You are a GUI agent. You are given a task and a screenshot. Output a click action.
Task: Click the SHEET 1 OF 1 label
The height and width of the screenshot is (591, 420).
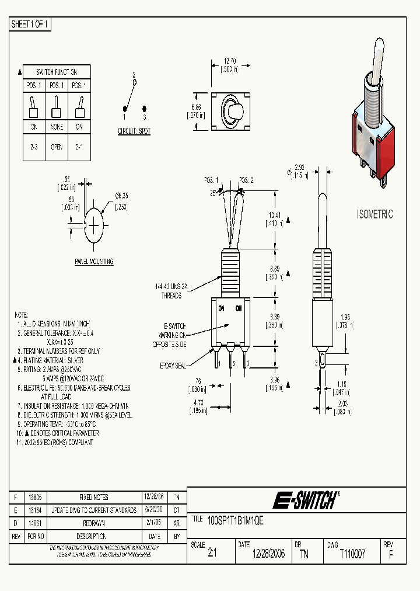30,25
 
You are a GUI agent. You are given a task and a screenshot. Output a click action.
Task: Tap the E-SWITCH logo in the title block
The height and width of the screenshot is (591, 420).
305,500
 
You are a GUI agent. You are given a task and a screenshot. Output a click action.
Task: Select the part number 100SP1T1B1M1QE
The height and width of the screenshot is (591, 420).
236,520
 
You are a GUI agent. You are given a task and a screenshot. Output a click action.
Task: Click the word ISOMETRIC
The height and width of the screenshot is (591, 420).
374,214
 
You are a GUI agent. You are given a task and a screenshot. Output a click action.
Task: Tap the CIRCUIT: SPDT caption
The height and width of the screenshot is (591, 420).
134,131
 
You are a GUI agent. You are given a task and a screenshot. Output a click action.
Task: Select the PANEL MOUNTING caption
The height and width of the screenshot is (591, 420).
93,262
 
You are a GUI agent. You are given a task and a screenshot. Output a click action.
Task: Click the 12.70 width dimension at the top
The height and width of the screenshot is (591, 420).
230,60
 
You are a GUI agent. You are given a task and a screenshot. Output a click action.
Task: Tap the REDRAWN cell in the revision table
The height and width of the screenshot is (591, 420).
93,523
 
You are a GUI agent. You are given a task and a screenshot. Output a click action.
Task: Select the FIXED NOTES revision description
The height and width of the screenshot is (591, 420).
93,497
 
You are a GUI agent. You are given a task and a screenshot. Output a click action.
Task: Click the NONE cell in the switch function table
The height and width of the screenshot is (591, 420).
57,126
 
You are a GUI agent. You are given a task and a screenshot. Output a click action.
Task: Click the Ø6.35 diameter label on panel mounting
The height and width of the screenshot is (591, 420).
121,195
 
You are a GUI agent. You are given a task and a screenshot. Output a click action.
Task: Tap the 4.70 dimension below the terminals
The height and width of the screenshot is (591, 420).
198,402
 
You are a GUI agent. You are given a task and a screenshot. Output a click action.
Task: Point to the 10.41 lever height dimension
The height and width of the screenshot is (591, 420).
275,215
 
